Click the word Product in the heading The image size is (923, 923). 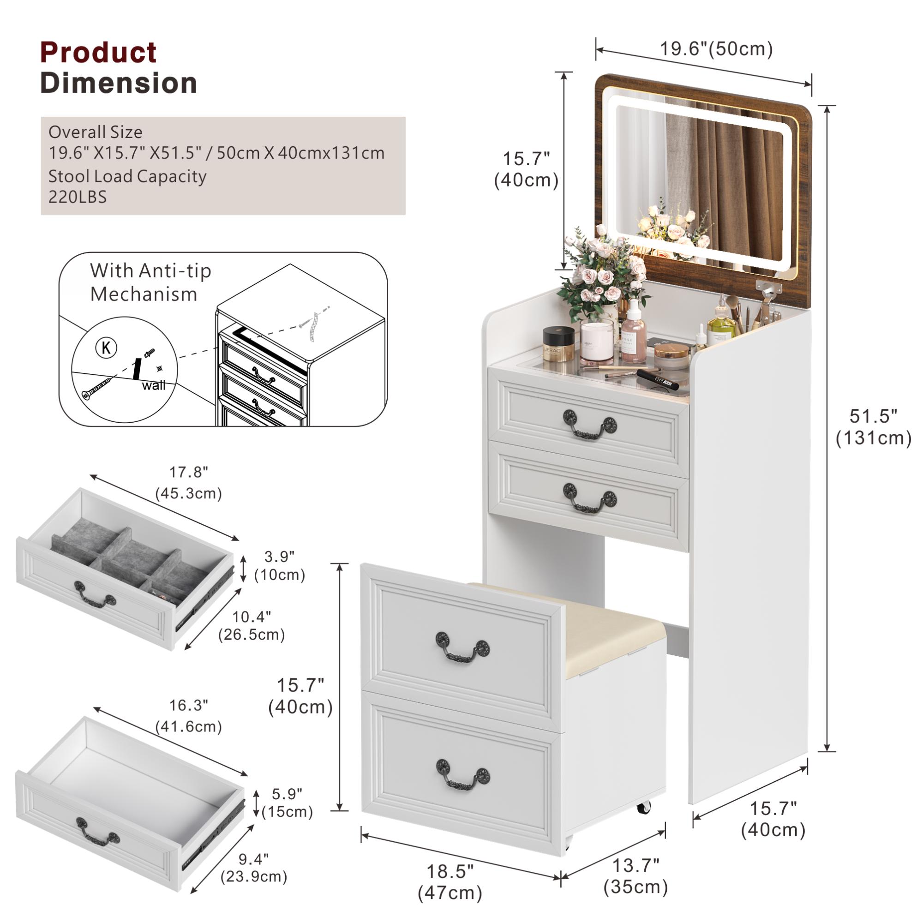[x=98, y=53]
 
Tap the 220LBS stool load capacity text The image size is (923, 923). [x=78, y=198]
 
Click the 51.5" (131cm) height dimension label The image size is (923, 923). [x=873, y=426]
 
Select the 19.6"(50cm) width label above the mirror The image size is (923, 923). [x=716, y=49]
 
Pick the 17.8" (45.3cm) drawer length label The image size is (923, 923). [x=189, y=483]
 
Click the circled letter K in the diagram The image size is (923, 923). [x=106, y=348]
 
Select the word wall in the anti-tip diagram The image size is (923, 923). [x=154, y=385]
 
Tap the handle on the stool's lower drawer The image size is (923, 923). [x=462, y=774]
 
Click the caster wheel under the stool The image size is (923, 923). [x=643, y=807]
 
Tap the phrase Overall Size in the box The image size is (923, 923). [x=95, y=132]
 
